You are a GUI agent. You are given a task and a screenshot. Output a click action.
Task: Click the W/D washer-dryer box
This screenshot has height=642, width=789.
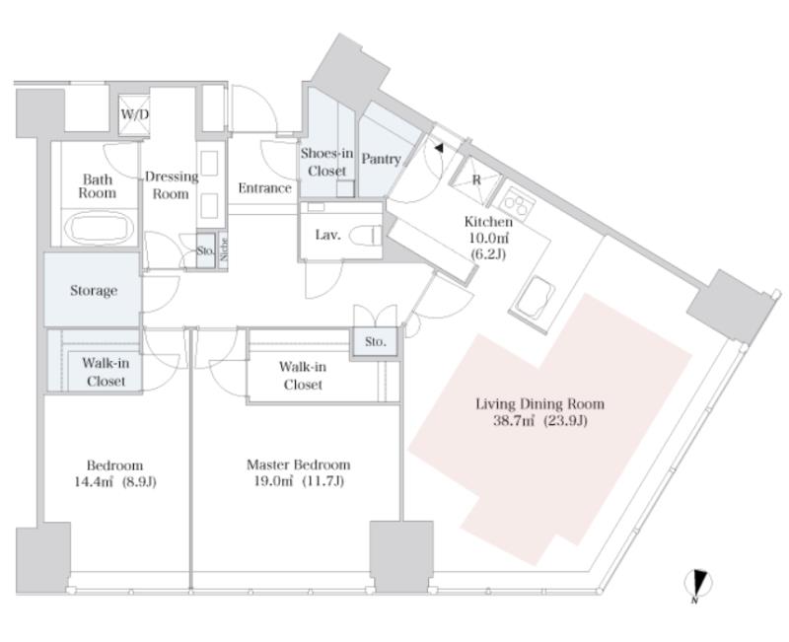tap(134, 114)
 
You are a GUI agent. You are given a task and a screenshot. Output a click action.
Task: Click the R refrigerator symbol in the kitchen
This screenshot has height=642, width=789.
tap(475, 180)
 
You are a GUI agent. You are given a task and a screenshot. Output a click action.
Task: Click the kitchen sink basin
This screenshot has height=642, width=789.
tap(535, 297)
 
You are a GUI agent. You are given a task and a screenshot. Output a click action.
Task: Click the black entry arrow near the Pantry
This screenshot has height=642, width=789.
tap(439, 148)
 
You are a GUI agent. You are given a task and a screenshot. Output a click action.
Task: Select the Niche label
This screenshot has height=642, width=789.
tap(224, 250)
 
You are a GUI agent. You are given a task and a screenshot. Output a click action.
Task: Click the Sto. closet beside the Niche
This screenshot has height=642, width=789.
tap(205, 250)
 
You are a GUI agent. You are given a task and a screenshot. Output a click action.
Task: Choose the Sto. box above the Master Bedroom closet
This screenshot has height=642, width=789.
tap(375, 342)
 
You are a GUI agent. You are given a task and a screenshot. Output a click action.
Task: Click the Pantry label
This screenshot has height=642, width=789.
tap(381, 159)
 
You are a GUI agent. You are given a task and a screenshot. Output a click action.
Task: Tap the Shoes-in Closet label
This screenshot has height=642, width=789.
tap(326, 162)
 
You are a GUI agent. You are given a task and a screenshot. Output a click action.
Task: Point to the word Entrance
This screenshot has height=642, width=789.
tap(264, 188)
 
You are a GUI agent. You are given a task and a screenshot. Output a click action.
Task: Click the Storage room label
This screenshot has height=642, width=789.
tap(94, 290)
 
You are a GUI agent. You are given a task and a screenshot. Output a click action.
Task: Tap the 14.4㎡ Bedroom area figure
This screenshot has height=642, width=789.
tap(94, 482)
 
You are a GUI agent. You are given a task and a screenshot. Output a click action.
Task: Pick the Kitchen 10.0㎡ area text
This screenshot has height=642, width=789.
tap(487, 238)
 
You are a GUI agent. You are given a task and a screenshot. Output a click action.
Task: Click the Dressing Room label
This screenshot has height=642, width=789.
tap(172, 185)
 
